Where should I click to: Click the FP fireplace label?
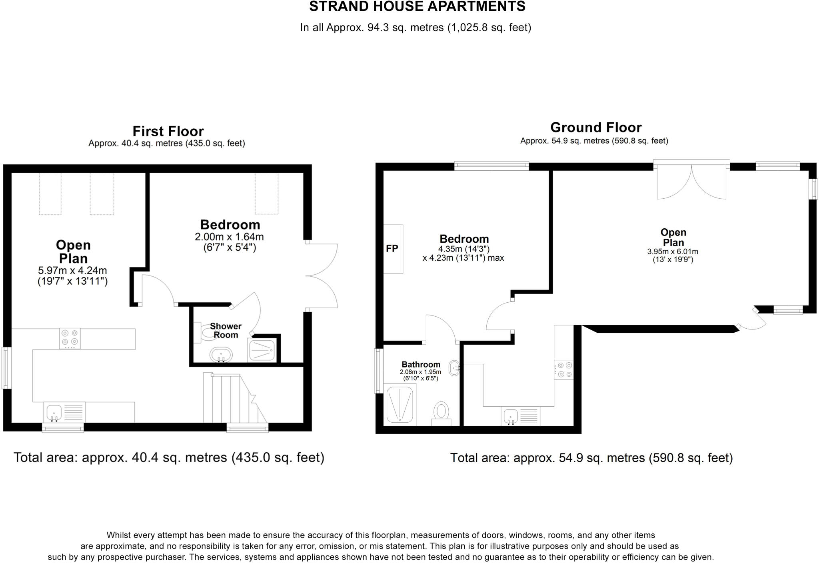coord(392,249)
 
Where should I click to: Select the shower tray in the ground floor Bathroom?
coord(400,404)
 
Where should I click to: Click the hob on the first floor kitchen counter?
coord(70,338)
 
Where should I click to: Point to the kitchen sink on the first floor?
coord(54,412)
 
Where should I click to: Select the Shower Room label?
coord(226,331)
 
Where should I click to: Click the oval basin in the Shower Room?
coord(221,355)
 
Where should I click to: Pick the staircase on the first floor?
coord(232,398)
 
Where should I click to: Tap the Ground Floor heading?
coord(595,127)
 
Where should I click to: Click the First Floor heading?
coord(168,131)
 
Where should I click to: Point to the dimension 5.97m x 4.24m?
coord(72,271)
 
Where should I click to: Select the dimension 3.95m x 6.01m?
coord(673,252)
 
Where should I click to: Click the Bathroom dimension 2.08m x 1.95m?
coord(420,372)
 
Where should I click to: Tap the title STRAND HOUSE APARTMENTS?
coord(417,6)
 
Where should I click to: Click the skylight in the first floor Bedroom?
coord(267,193)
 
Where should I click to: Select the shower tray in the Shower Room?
coord(262,350)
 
